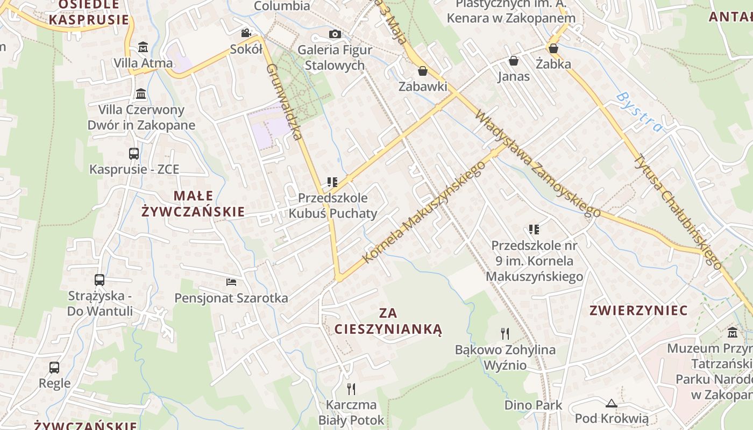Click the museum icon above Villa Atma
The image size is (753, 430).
[143, 47]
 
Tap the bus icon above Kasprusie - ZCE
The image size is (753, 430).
[134, 154]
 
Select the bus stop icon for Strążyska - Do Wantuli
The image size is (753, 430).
[100, 280]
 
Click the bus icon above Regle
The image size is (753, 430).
[54, 368]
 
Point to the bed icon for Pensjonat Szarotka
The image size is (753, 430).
[231, 282]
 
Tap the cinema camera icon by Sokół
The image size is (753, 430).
[246, 33]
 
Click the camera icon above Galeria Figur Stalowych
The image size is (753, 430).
[335, 34]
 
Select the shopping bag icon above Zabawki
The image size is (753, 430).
[423, 71]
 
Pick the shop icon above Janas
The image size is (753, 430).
[514, 61]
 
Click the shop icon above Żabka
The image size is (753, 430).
[553, 49]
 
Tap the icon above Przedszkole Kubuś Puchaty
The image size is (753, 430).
[332, 182]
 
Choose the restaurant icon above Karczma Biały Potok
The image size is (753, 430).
[351, 389]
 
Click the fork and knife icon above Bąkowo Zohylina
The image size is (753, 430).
[505, 334]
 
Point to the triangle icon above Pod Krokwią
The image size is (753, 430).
[611, 403]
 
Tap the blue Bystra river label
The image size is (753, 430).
[639, 112]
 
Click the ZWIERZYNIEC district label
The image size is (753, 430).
[638, 311]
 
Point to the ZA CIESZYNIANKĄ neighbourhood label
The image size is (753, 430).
[388, 321]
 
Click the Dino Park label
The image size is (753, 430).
[533, 405]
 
